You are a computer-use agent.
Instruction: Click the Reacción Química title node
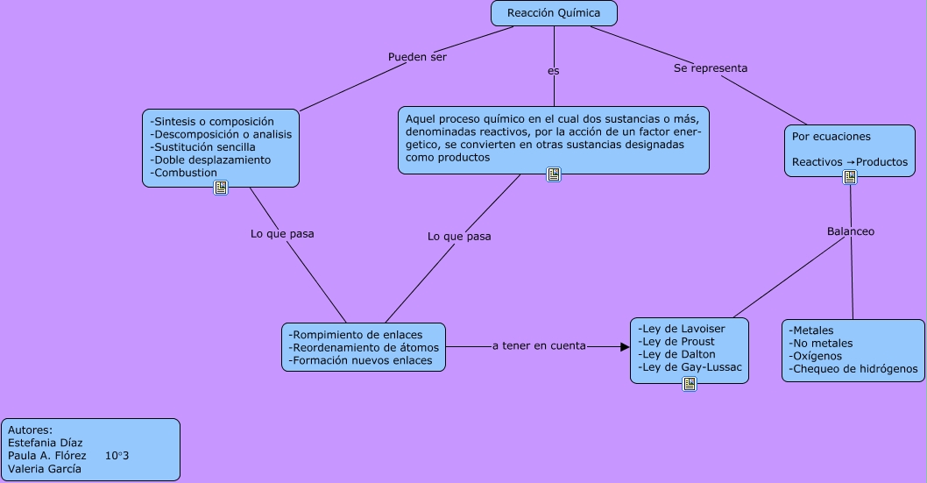[554, 13]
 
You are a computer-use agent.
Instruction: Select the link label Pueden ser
[417, 57]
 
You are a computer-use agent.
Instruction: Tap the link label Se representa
[711, 67]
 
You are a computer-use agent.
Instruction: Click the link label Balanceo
[850, 231]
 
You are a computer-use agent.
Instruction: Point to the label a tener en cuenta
[539, 346]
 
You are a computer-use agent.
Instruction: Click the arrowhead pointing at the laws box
[625, 347]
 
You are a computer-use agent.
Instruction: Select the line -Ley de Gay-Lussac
[690, 367]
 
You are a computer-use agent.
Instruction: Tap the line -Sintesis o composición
[212, 121]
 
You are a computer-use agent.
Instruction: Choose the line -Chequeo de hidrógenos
[853, 369]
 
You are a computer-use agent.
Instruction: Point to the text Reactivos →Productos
[849, 162]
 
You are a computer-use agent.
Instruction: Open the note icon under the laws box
[690, 384]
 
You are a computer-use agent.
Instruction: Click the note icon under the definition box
[554, 174]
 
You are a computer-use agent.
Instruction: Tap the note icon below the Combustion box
[221, 188]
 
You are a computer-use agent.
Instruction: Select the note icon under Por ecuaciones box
[849, 177]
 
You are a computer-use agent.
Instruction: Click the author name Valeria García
[45, 468]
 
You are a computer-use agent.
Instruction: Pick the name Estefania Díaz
[45, 443]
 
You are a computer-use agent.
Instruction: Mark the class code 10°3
[117, 456]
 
